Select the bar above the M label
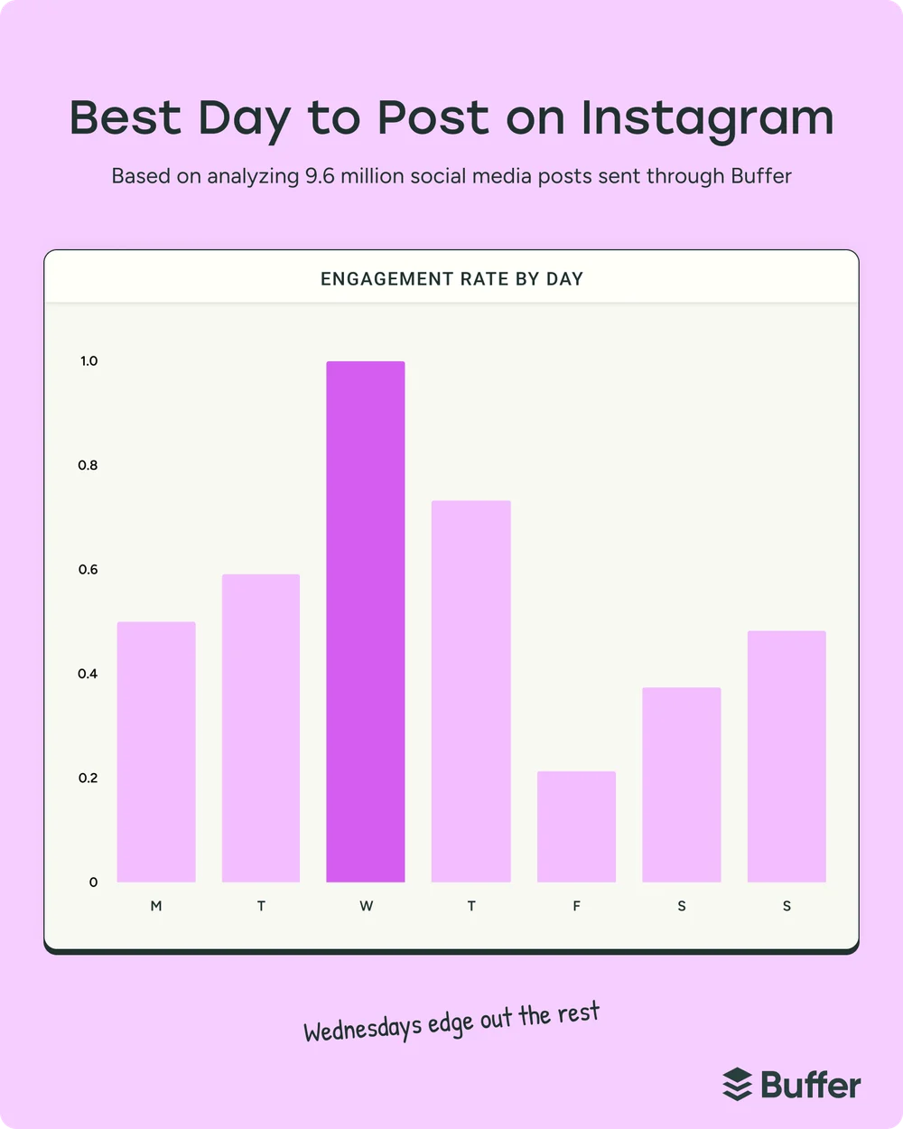pyautogui.click(x=156, y=751)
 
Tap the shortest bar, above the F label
pyautogui.click(x=576, y=826)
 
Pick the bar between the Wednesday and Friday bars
pyautogui.click(x=471, y=691)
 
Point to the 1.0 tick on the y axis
pyautogui.click(x=88, y=361)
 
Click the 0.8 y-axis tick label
pyautogui.click(x=88, y=465)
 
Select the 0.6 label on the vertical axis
pyautogui.click(x=88, y=570)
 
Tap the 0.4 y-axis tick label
pyautogui.click(x=88, y=674)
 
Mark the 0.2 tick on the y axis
pyautogui.click(x=88, y=778)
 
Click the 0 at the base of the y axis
pyautogui.click(x=93, y=882)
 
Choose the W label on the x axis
pyautogui.click(x=366, y=906)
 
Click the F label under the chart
pyautogui.click(x=576, y=906)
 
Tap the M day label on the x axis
pyautogui.click(x=156, y=906)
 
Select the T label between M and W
pyautogui.click(x=261, y=906)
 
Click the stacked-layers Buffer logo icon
pyautogui.click(x=738, y=1084)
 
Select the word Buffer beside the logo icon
pyautogui.click(x=811, y=1084)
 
